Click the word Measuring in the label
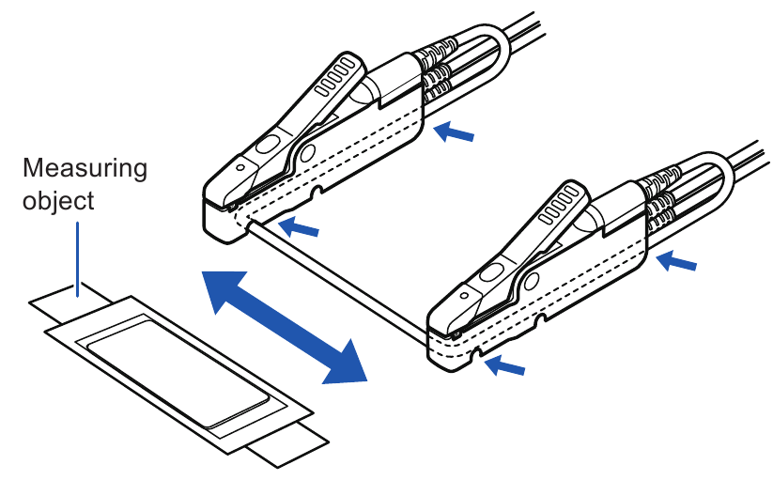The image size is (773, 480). (x=85, y=170)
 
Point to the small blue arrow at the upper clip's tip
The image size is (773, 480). (x=301, y=225)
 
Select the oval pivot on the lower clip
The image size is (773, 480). (x=490, y=275)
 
